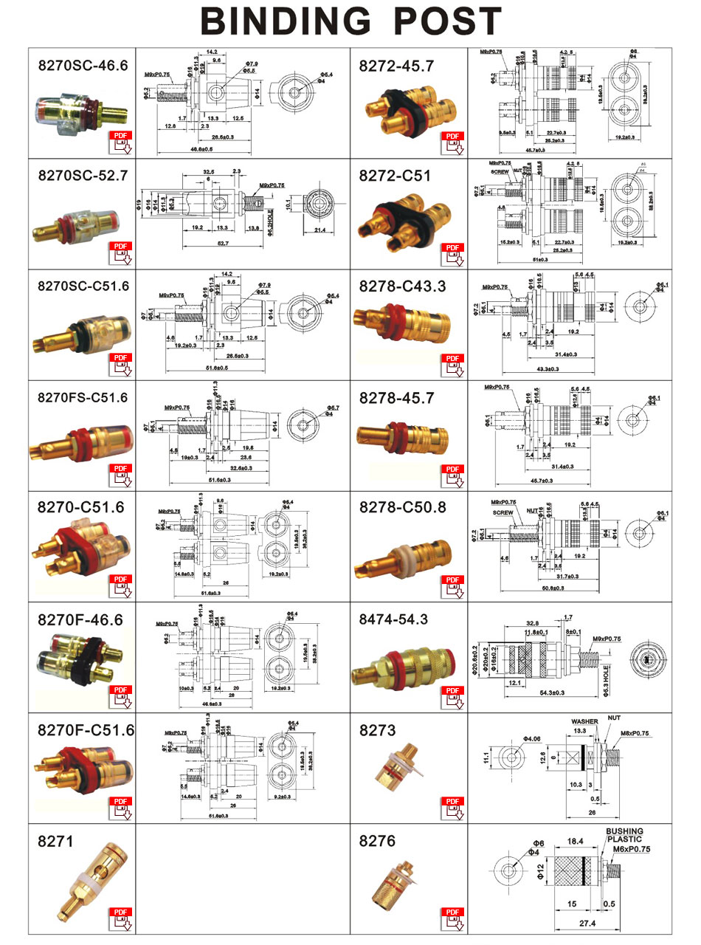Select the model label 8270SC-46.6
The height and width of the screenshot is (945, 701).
[x=83, y=66]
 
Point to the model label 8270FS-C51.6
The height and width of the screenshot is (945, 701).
[x=83, y=397]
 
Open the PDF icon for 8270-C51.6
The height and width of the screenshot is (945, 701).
[x=121, y=585]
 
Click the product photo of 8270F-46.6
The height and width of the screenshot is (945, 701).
[x=75, y=661]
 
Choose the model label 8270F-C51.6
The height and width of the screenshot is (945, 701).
[x=86, y=730]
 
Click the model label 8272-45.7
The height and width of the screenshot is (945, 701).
[x=397, y=66]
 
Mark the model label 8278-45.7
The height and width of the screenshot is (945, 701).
[x=397, y=398]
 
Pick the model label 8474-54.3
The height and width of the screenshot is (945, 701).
[x=393, y=619]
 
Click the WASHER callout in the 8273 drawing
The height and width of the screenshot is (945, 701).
[x=584, y=721]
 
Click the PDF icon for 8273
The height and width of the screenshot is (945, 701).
[x=453, y=807]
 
